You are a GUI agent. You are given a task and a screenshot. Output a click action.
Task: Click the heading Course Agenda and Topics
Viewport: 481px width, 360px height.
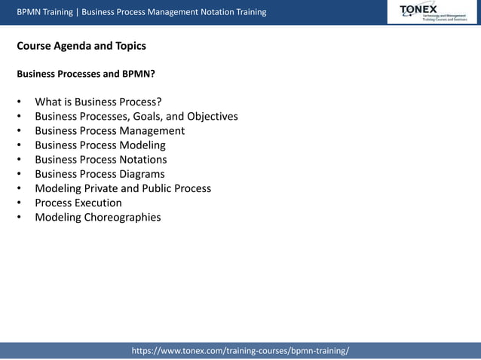point(81,46)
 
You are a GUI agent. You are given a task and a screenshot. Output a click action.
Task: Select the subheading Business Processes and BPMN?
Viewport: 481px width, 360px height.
point(86,75)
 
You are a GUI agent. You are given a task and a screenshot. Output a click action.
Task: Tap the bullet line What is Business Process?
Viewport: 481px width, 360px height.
point(98,102)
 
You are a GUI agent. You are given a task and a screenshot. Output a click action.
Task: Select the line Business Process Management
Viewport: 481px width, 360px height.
point(109,130)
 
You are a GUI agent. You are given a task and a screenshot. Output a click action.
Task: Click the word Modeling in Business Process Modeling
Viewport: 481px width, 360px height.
point(142,145)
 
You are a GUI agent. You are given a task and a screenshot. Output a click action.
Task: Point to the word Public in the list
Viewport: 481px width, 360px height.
point(158,188)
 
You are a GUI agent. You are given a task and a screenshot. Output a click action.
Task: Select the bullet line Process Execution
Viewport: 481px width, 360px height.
point(78,203)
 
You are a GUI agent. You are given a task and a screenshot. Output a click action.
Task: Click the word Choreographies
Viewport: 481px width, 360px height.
point(121,218)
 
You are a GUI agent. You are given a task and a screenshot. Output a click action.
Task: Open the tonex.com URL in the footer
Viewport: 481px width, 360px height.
point(240,351)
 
